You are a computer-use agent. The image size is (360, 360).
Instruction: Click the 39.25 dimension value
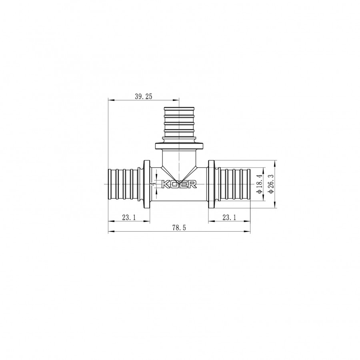[x=144, y=96]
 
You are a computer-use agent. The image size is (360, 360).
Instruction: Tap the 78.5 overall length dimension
[x=179, y=228]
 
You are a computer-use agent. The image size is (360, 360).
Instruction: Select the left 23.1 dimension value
[x=129, y=217]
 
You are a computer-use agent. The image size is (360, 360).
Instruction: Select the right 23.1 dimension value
[x=229, y=217]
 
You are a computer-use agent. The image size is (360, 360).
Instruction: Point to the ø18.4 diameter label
[x=260, y=184]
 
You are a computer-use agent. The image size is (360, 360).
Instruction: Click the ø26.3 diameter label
[x=271, y=184]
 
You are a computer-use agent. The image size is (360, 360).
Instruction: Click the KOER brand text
[x=179, y=184]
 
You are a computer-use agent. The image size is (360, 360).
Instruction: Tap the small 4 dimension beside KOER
[x=153, y=184]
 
